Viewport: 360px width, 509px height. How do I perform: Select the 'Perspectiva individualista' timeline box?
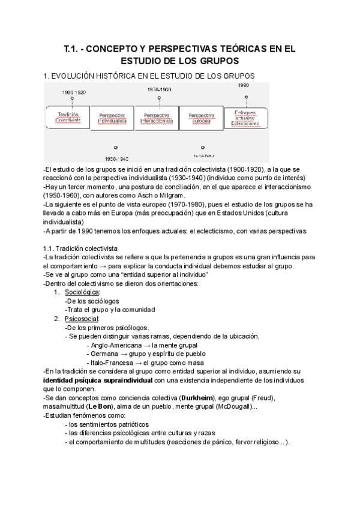(113, 117)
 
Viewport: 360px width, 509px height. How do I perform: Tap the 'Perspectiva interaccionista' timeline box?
(157, 117)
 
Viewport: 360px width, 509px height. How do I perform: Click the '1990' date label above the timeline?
(243, 86)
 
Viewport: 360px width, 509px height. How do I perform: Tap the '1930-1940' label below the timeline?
(117, 159)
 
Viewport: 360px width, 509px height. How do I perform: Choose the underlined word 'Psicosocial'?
(82, 319)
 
